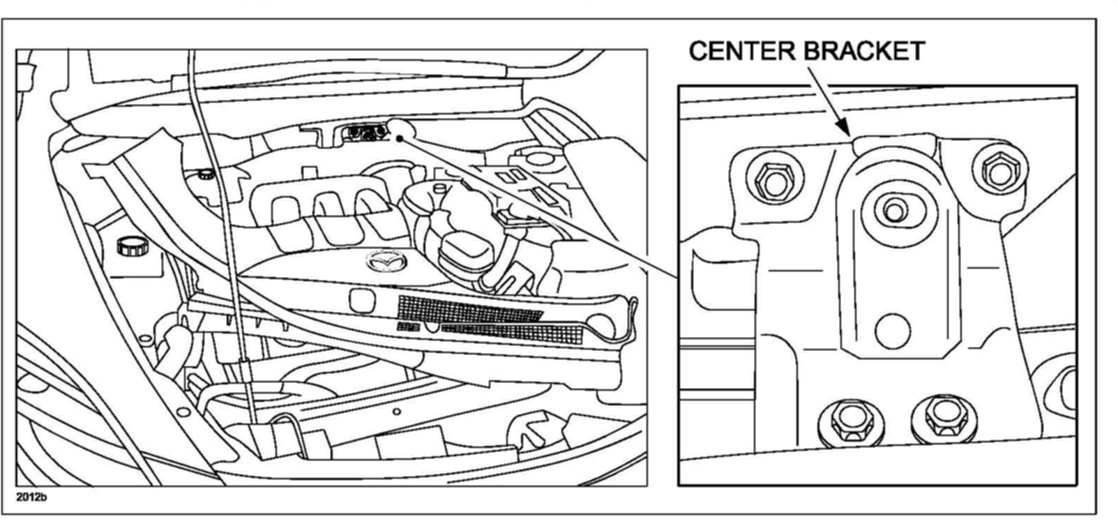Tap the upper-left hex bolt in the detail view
770,181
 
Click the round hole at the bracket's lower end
892,331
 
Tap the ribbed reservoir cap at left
128,247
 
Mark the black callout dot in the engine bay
400,138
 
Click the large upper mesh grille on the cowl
469,309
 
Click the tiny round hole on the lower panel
396,412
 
